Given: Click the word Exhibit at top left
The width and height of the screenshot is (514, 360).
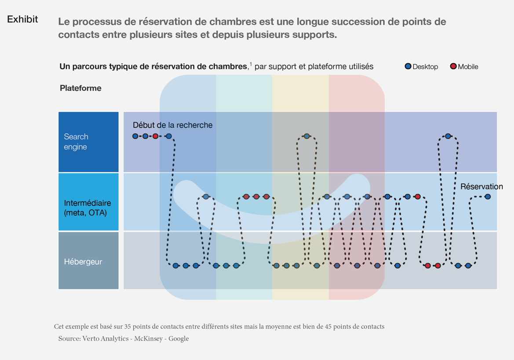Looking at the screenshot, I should [22, 19].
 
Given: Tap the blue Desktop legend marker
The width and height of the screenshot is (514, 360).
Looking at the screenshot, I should [408, 66].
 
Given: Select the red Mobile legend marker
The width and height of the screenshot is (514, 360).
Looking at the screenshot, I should [453, 66].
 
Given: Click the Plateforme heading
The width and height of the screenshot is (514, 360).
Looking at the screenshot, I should [80, 88].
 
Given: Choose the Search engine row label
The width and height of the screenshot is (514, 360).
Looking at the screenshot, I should [76, 142].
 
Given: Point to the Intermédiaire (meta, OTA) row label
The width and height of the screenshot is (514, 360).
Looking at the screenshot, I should [87, 208].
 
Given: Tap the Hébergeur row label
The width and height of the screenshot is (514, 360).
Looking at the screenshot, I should [83, 262].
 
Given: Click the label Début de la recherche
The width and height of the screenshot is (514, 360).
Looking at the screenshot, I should [172, 125].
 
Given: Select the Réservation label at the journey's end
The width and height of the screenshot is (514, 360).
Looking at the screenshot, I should [481, 187].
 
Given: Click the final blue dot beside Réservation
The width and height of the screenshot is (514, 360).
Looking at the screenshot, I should [488, 197].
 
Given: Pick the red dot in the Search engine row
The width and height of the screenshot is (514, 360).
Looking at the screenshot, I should [155, 136].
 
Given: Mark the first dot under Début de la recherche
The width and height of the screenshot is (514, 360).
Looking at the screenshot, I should [135, 136].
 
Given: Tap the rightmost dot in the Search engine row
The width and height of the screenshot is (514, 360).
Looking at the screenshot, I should [448, 136].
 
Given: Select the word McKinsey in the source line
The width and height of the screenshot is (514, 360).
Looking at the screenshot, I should [148, 338].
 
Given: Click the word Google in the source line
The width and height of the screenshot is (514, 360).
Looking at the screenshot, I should [179, 338].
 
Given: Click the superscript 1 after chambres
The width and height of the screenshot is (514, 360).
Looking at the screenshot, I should [251, 64].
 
